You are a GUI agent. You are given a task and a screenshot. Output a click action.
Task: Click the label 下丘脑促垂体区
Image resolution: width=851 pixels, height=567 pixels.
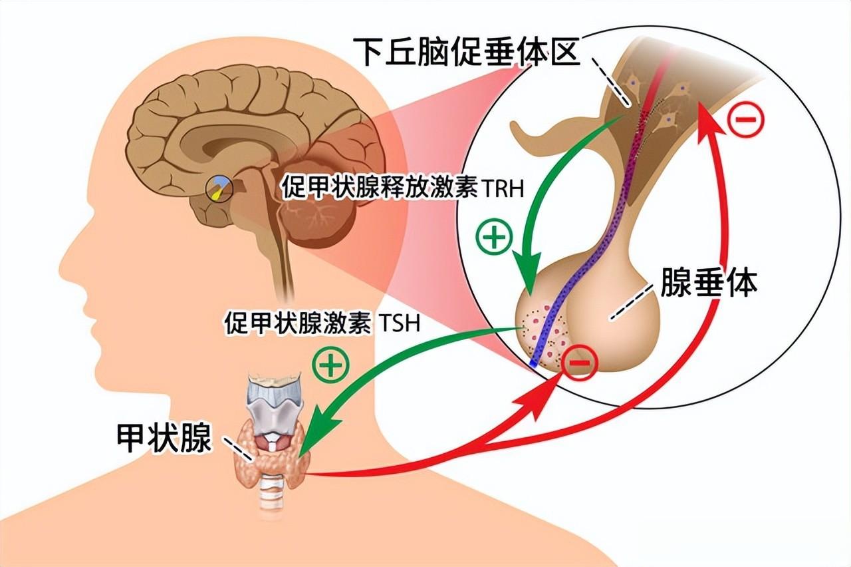(467, 51)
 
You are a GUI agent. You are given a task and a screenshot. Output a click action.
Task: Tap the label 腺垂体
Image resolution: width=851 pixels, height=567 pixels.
(709, 282)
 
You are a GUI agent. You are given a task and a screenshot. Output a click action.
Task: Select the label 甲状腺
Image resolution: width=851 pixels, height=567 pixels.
(164, 439)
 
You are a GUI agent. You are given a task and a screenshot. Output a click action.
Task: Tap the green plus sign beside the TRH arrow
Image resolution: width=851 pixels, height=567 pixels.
(493, 238)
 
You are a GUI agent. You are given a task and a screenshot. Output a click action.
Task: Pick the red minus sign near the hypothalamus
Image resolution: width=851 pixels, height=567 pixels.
(747, 120)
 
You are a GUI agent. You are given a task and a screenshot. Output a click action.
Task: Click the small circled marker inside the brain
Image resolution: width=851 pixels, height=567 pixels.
(219, 188)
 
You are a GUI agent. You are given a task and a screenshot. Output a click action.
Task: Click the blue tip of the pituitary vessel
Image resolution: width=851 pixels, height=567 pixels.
(534, 363)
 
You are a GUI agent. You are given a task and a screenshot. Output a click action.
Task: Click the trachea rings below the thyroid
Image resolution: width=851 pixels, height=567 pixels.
(272, 500)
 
